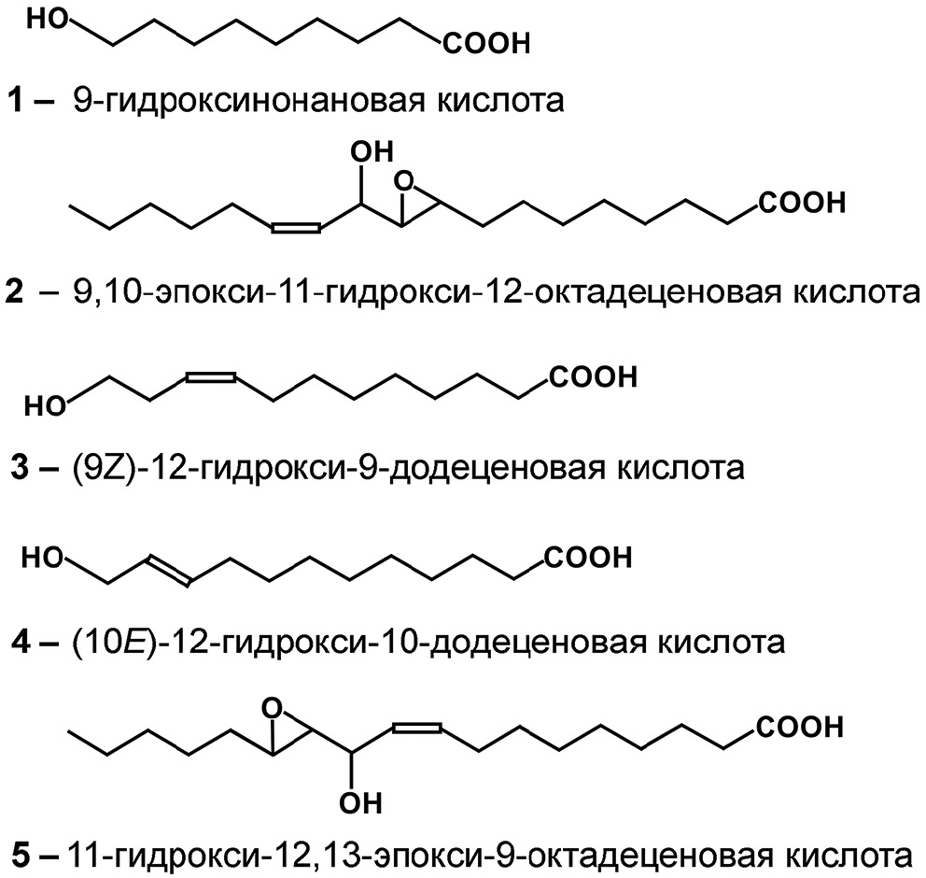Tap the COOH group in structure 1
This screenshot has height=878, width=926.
[x=486, y=44]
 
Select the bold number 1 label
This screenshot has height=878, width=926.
[x=15, y=100]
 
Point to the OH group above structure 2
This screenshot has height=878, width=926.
[x=372, y=152]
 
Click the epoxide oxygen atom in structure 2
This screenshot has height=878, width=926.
[x=404, y=181]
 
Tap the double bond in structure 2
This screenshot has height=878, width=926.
[x=296, y=228]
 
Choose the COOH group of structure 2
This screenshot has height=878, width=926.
[x=802, y=203]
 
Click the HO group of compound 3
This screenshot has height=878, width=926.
[x=45, y=406]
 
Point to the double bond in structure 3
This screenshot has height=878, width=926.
[x=211, y=375]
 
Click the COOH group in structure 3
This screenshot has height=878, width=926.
[x=594, y=377]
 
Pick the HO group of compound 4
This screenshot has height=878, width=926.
[x=42, y=558]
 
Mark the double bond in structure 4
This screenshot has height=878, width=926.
[x=169, y=570]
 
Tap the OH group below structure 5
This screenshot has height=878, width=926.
[x=360, y=803]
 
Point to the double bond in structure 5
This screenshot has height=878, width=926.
[x=417, y=728]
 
